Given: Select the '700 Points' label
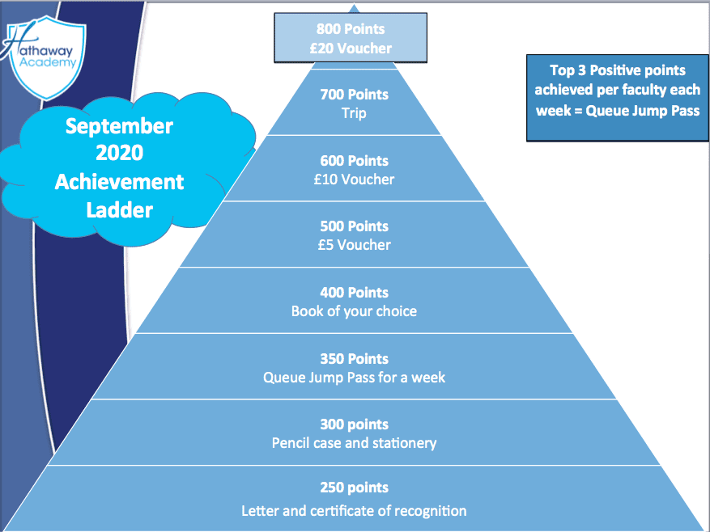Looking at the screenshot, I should [354, 95].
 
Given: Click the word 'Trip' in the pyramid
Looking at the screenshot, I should [354, 113].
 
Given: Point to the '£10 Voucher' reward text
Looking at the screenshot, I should [354, 179].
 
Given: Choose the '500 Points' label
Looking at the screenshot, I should [354, 226].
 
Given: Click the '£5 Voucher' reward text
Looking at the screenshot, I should [354, 245].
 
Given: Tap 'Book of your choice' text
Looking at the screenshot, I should [354, 310].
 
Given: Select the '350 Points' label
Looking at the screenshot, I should [354, 359].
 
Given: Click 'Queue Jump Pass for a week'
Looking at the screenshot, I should [354, 377].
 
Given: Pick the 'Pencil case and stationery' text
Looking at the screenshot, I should [354, 443].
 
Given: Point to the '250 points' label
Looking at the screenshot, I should [354, 488].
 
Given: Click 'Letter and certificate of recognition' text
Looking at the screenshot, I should [354, 511].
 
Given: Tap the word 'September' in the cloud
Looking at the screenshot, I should [119, 126].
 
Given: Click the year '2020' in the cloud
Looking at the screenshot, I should [119, 154].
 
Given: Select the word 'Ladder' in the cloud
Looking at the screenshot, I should [119, 210].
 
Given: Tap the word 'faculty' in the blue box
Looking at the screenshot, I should [637, 91].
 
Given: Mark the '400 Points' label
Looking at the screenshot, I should [354, 293].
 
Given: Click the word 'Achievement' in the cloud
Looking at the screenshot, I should [119, 182].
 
